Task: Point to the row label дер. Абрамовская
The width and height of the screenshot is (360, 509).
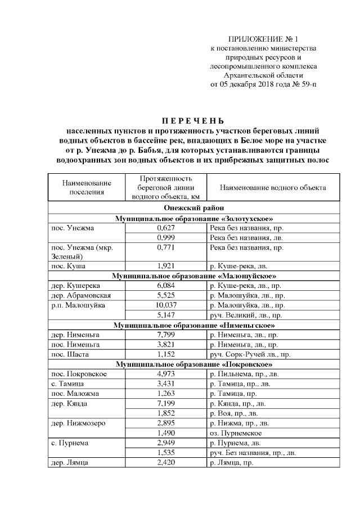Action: click(x=81, y=296)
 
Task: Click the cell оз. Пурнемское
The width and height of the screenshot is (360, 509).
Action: click(x=236, y=433)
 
